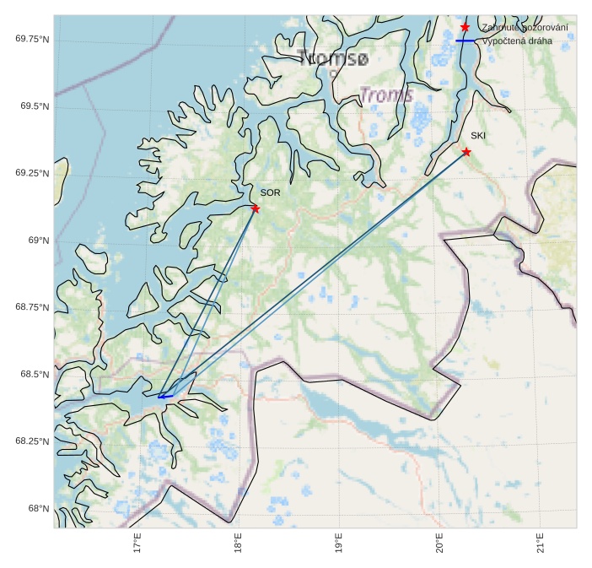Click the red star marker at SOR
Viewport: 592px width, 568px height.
point(255,208)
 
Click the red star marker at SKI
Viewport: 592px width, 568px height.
point(466,152)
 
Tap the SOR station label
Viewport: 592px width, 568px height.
point(270,193)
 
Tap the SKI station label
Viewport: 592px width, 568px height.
point(478,136)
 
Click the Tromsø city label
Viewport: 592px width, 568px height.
point(333,58)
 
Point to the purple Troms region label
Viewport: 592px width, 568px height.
point(386,95)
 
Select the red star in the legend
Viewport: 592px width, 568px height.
point(465,28)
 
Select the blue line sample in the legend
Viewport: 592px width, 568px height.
point(466,41)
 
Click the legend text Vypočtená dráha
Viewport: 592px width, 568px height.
point(517,41)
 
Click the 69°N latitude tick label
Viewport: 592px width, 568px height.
point(39,241)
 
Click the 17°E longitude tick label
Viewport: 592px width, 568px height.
point(137,543)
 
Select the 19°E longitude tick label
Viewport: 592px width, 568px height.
point(338,543)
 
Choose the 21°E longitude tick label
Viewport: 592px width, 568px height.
point(540,543)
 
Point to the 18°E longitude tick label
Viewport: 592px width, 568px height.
point(238,543)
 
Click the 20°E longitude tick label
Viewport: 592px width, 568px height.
point(439,543)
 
